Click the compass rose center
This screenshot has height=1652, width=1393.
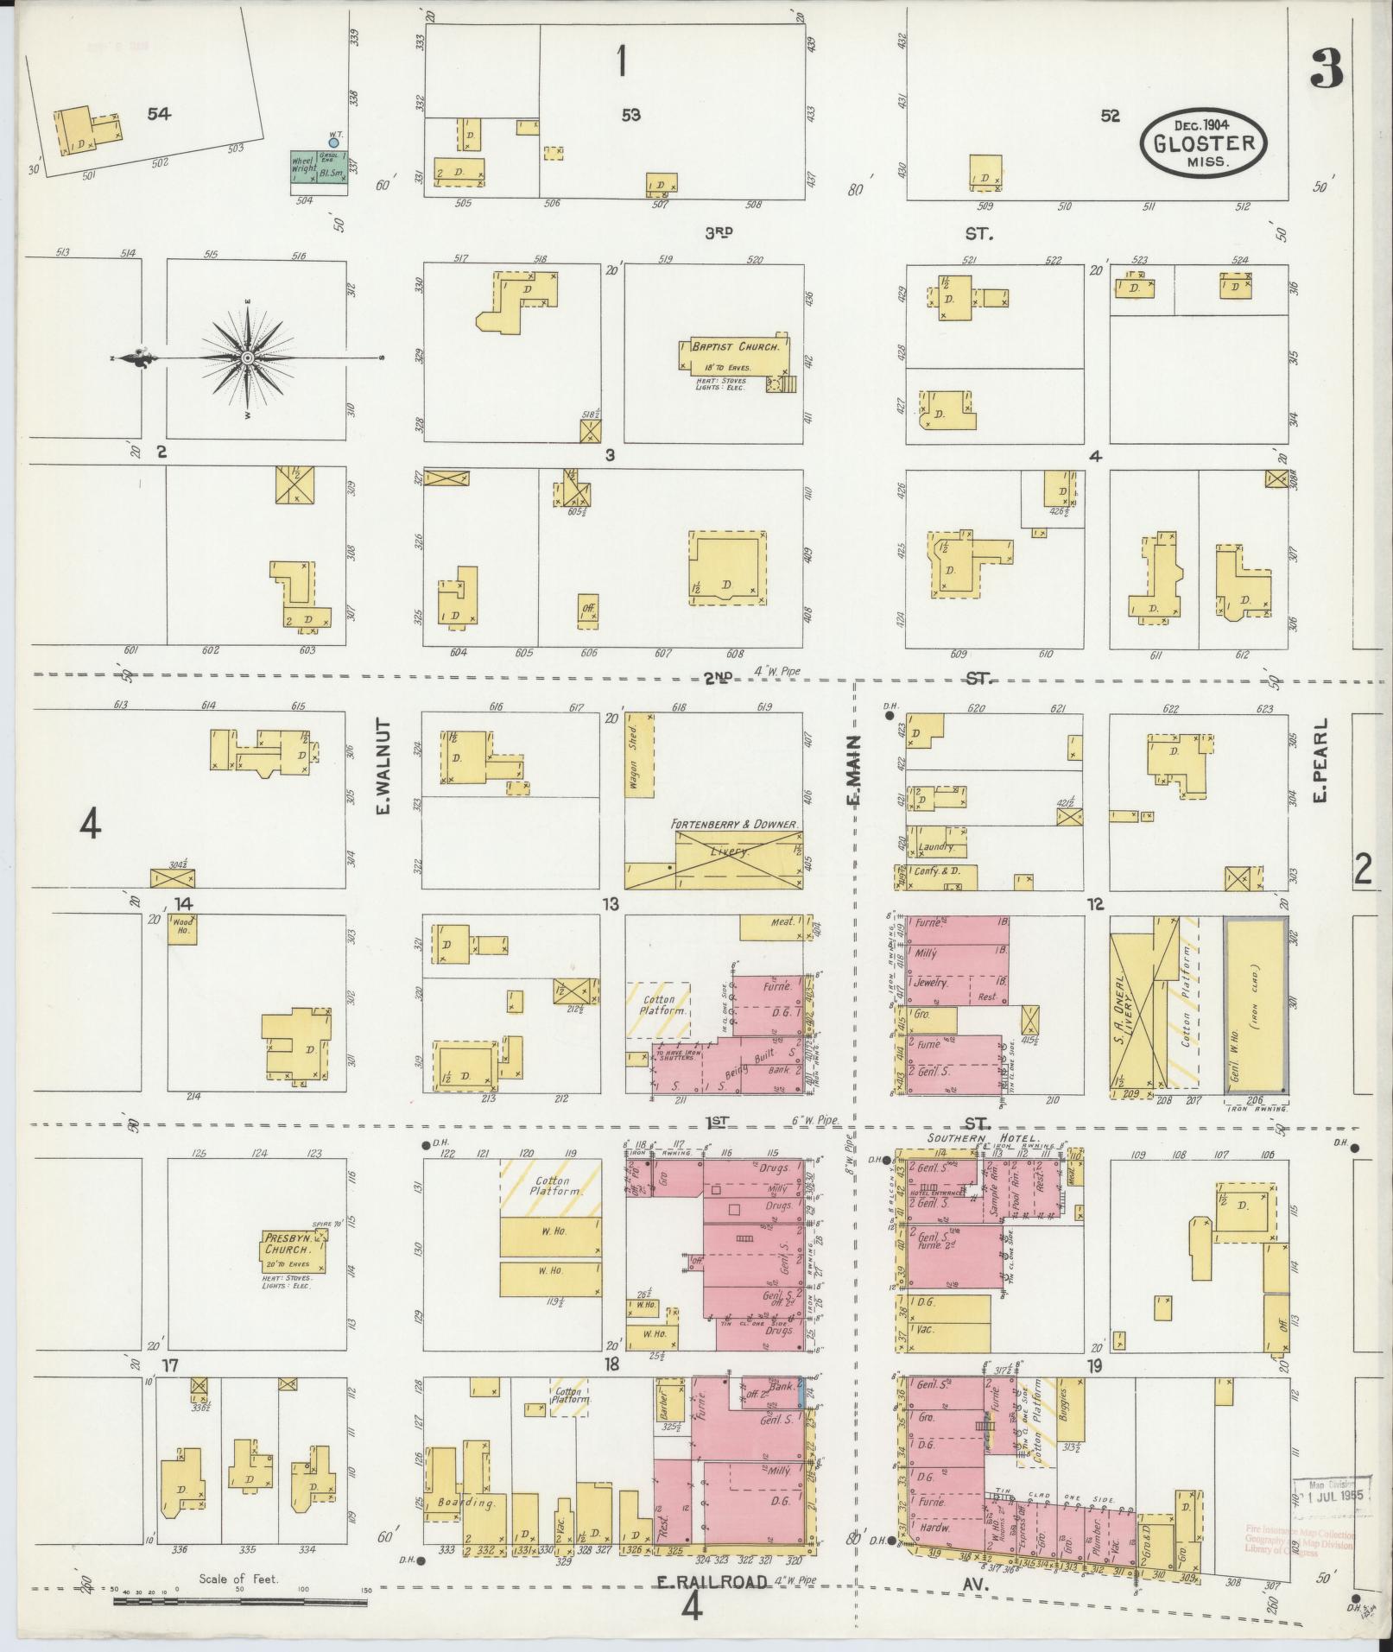click(x=248, y=357)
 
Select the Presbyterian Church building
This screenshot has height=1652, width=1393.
click(x=294, y=1250)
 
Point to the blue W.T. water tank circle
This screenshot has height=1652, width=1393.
click(x=333, y=142)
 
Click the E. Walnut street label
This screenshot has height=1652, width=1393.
click(x=384, y=766)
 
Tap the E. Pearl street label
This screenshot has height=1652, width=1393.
click(x=1319, y=761)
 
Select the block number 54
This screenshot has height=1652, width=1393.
click(x=158, y=114)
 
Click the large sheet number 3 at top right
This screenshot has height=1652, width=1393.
click(x=1326, y=70)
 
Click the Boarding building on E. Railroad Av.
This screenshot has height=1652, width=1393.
click(x=466, y=1502)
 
